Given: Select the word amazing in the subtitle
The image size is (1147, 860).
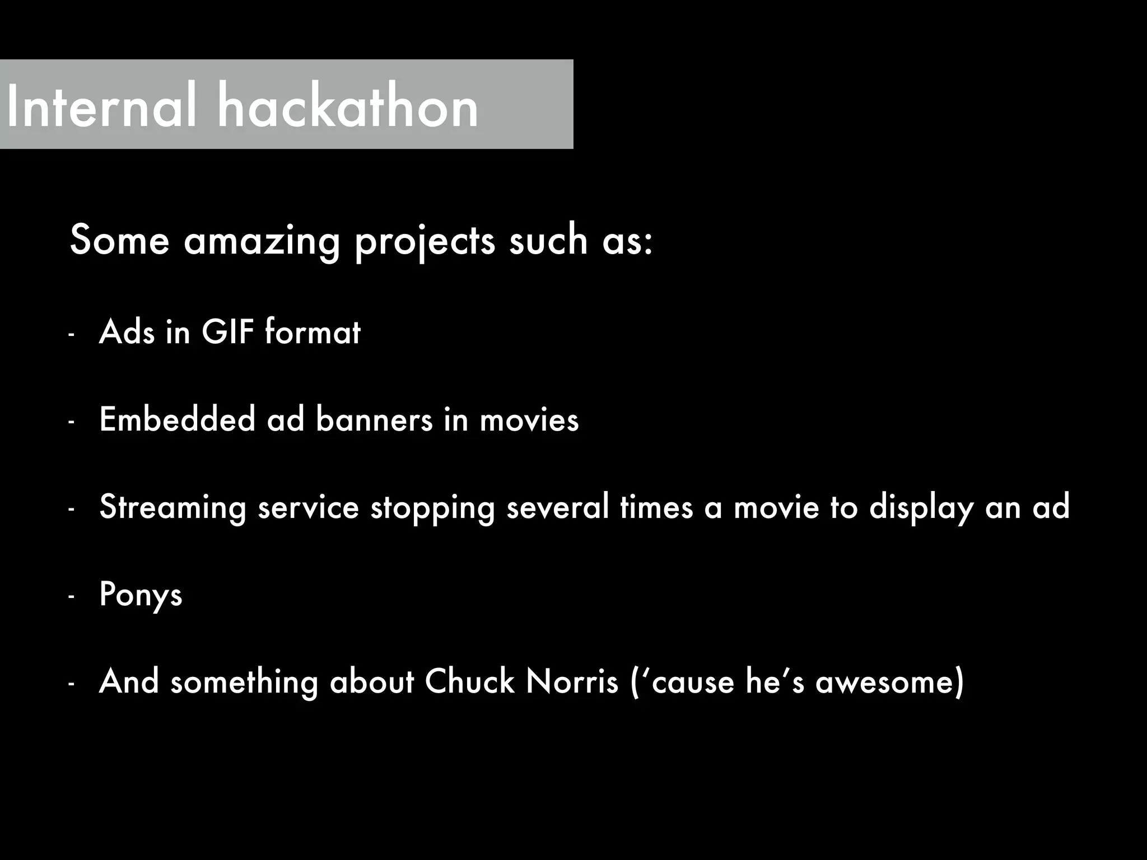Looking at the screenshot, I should [x=262, y=241].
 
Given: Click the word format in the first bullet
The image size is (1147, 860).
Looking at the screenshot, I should [x=313, y=331].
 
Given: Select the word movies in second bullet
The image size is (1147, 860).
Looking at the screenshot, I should [x=529, y=420].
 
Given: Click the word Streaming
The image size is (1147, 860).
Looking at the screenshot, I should [x=172, y=507].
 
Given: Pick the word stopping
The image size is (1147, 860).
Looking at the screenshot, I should [x=432, y=507].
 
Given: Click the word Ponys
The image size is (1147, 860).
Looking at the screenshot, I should [x=141, y=595].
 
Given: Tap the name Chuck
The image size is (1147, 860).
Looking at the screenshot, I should [x=469, y=682].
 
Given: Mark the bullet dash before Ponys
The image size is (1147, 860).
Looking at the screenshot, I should [x=71, y=597].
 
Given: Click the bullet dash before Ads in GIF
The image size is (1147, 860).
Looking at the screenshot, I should [x=71, y=335].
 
